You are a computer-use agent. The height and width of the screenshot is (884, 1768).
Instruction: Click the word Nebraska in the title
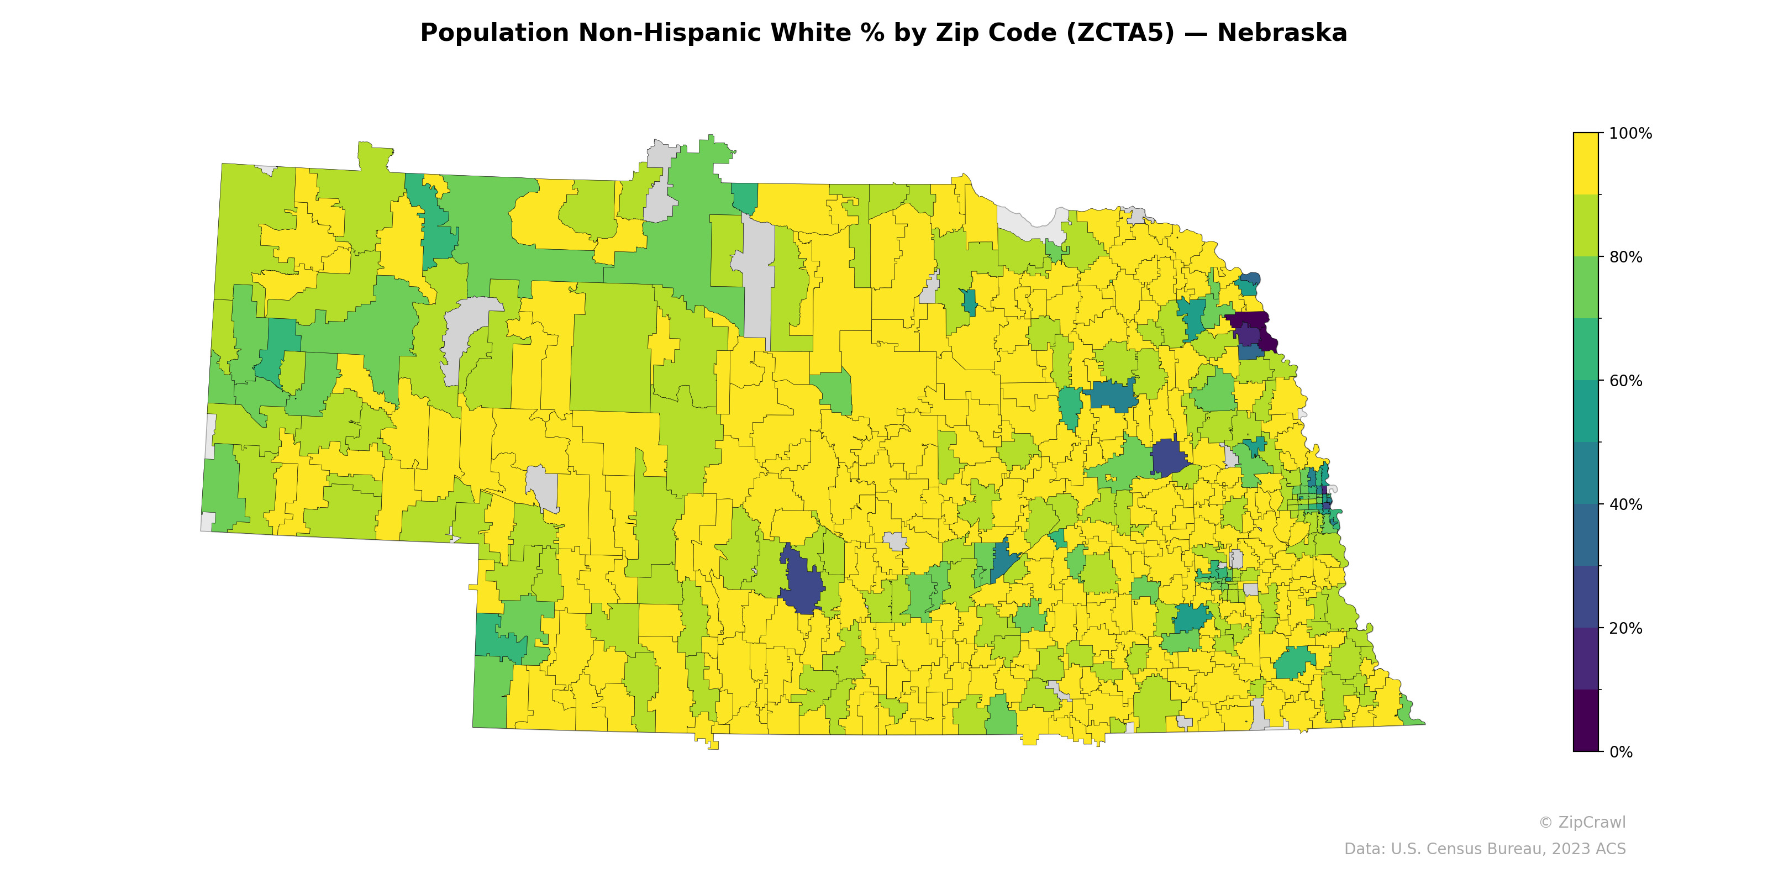click(1281, 33)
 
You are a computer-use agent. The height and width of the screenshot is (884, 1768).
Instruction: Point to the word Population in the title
click(494, 33)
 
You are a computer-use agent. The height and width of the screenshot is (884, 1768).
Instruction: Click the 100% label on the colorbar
click(1630, 134)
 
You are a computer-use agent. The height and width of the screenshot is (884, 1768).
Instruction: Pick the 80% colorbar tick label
click(1626, 257)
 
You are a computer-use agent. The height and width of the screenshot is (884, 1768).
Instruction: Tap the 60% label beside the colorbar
click(1626, 381)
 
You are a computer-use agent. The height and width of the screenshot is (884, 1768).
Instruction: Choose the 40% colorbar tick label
click(1626, 504)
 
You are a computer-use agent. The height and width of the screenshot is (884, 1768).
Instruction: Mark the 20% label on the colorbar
click(1626, 628)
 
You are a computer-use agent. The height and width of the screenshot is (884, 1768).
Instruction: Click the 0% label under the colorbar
click(1621, 752)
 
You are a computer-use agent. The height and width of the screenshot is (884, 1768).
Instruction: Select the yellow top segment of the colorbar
click(1586, 164)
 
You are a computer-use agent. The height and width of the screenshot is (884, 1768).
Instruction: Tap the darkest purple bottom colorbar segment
click(1586, 720)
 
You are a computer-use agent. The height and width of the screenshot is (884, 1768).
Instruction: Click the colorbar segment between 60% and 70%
click(1586, 349)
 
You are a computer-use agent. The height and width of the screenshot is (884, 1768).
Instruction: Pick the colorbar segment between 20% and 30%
click(1586, 597)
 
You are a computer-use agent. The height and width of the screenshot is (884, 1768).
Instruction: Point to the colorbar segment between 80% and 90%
click(1586, 226)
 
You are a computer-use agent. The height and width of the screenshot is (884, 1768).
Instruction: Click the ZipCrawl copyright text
click(1582, 822)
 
